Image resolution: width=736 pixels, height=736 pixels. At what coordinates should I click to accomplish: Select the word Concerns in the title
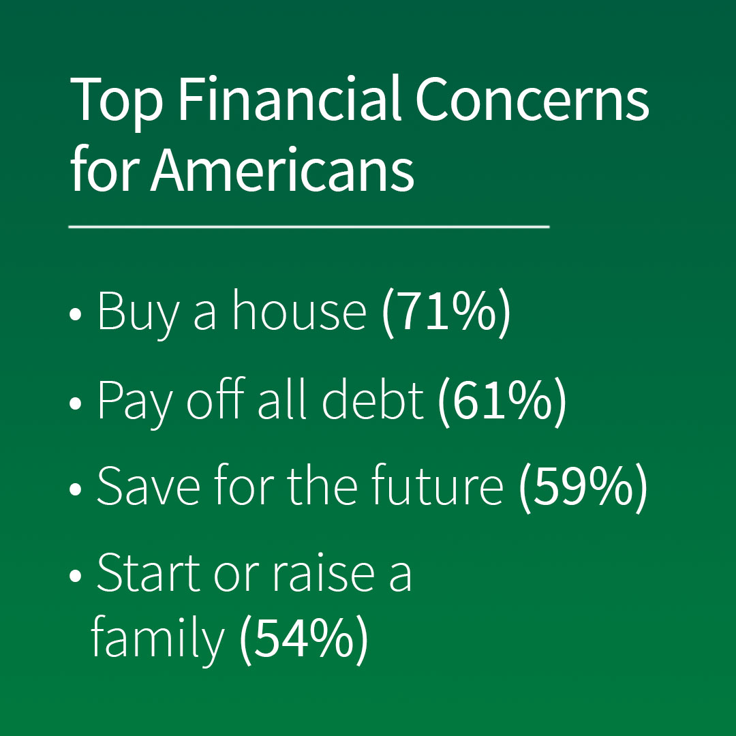point(532,99)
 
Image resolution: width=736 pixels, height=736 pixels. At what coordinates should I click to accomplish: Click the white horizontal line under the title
point(309,227)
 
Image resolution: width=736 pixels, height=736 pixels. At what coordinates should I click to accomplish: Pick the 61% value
point(502,401)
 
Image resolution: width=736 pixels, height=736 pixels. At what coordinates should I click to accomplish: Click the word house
point(299,309)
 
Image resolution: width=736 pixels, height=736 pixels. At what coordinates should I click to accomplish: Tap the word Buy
point(138,313)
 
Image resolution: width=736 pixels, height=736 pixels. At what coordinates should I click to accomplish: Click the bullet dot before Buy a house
point(75,314)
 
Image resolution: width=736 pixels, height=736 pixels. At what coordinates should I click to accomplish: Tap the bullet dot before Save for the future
point(75,489)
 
